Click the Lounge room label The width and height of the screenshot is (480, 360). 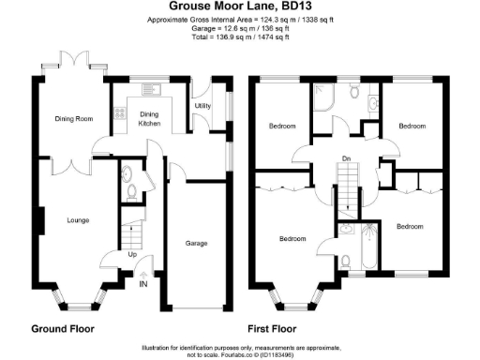click(78, 220)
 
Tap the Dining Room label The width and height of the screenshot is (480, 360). click(73, 119)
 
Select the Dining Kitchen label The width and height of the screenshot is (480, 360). click(150, 119)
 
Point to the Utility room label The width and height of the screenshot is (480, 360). click(202, 106)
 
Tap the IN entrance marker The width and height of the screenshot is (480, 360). click(143, 284)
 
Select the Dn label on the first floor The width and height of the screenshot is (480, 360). click(347, 157)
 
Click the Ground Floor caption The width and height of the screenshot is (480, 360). click(63, 329)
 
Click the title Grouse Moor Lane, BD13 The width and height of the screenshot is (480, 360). click(240, 7)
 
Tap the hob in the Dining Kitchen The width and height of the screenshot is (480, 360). click(119, 117)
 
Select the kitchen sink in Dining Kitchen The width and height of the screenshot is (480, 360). click(150, 91)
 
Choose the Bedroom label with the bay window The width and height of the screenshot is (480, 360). click(292, 239)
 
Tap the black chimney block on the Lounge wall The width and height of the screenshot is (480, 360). click(39, 221)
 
